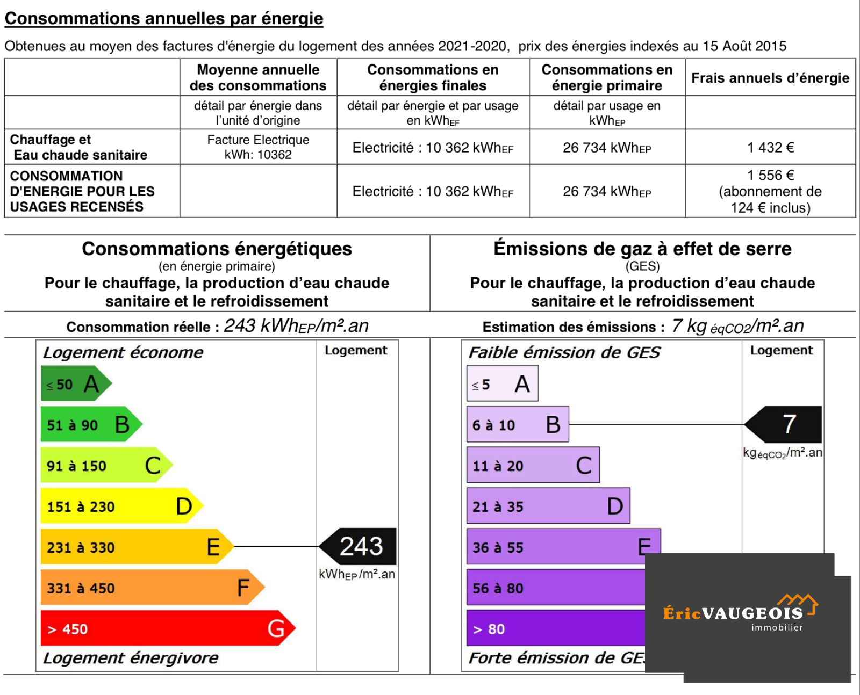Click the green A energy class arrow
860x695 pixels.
click(75, 383)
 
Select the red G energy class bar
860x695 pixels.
click(167, 628)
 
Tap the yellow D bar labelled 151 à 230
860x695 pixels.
click(121, 506)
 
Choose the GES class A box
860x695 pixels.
click(502, 383)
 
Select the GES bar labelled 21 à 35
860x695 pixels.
click(548, 506)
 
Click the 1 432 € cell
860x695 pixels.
click(770, 147)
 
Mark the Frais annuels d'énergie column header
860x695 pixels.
click(770, 78)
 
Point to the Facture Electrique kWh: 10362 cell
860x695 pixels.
click(258, 147)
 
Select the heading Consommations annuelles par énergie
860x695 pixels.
click(164, 18)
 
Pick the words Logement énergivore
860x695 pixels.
click(131, 657)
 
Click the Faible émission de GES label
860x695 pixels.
click(564, 352)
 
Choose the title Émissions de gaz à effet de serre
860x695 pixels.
click(642, 249)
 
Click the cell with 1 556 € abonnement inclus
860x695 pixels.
click(770, 191)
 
